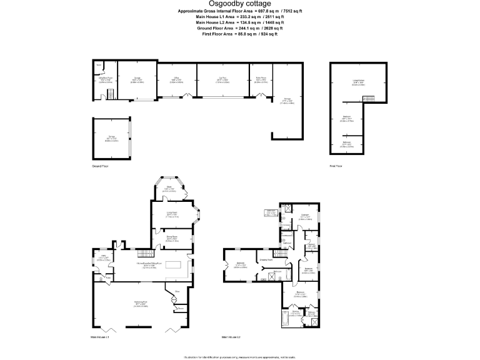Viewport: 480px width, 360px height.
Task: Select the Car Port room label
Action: pos(222,79)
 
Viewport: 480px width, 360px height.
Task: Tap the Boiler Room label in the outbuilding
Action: pos(261,79)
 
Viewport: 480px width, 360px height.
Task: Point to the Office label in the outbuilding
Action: pos(177,79)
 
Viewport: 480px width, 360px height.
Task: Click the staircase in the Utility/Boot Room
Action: pos(110,94)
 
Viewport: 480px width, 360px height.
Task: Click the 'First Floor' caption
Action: pos(336,166)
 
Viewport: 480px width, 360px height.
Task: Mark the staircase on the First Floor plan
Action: pos(370,100)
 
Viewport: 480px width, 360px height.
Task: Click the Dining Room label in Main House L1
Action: pos(171,237)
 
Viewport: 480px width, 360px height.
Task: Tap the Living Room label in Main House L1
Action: pos(172,214)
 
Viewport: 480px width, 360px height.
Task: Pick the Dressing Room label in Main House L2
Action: pos(265,259)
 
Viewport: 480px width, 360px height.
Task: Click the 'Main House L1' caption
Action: pos(100,337)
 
